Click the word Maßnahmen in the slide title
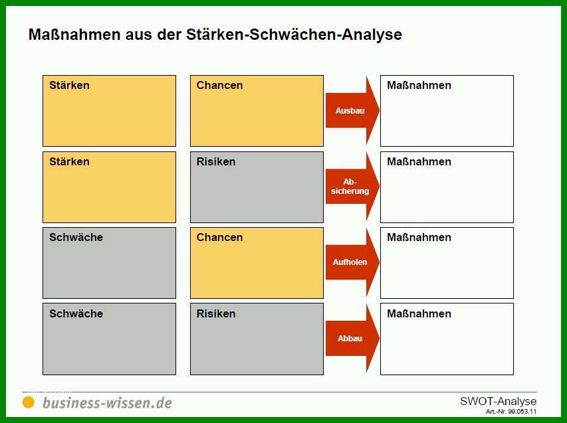(74, 35)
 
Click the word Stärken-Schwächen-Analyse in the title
(294, 35)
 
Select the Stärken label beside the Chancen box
(69, 85)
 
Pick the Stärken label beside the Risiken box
(69, 161)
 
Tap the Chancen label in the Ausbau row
(219, 85)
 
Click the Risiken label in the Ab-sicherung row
(216, 161)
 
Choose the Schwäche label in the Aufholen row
(76, 237)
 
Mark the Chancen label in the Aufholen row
(219, 237)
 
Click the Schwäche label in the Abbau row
(76, 313)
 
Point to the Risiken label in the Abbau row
(216, 313)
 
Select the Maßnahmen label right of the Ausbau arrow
(419, 85)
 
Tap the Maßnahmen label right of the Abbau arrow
(419, 313)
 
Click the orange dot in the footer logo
(28, 402)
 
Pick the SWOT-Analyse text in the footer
(499, 401)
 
